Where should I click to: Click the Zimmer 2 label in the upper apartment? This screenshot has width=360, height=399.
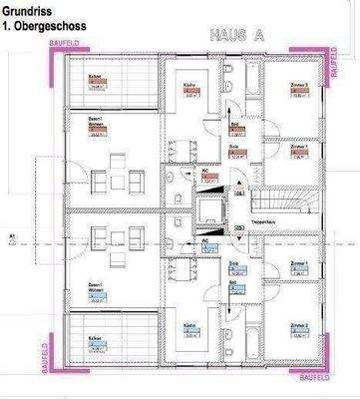[x=297, y=87]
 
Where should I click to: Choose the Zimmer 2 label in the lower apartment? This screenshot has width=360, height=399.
[x=297, y=326]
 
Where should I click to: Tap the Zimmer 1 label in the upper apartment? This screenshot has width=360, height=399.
[x=298, y=145]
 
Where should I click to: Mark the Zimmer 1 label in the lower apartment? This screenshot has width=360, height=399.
[x=298, y=263]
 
